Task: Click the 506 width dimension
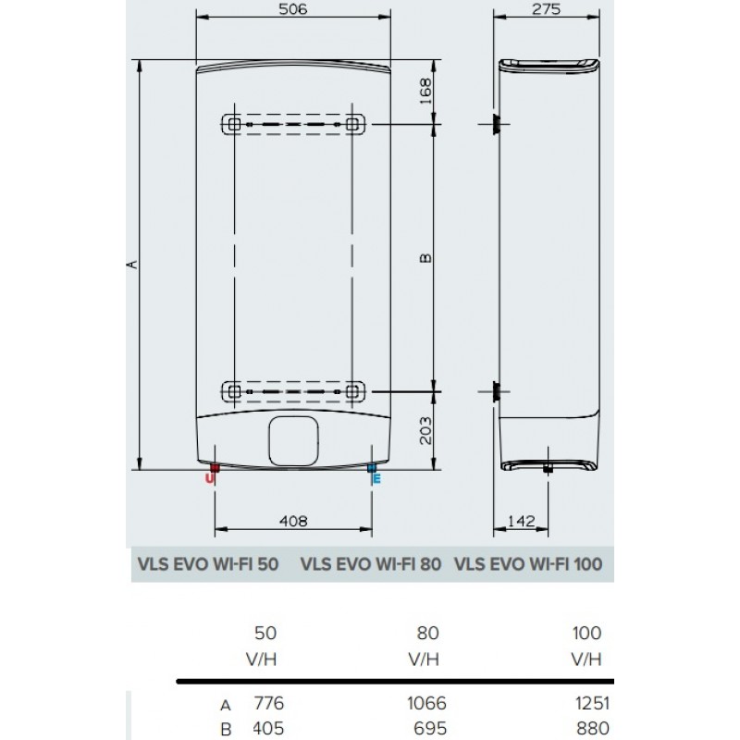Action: [292, 9]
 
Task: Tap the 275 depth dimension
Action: [546, 9]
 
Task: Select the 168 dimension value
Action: [425, 92]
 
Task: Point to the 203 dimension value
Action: [425, 430]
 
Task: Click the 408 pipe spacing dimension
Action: [293, 521]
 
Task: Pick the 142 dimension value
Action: [522, 521]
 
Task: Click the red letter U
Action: [210, 479]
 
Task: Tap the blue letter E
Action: [376, 479]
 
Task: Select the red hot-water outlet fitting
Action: [215, 468]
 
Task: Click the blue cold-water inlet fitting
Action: [372, 468]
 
